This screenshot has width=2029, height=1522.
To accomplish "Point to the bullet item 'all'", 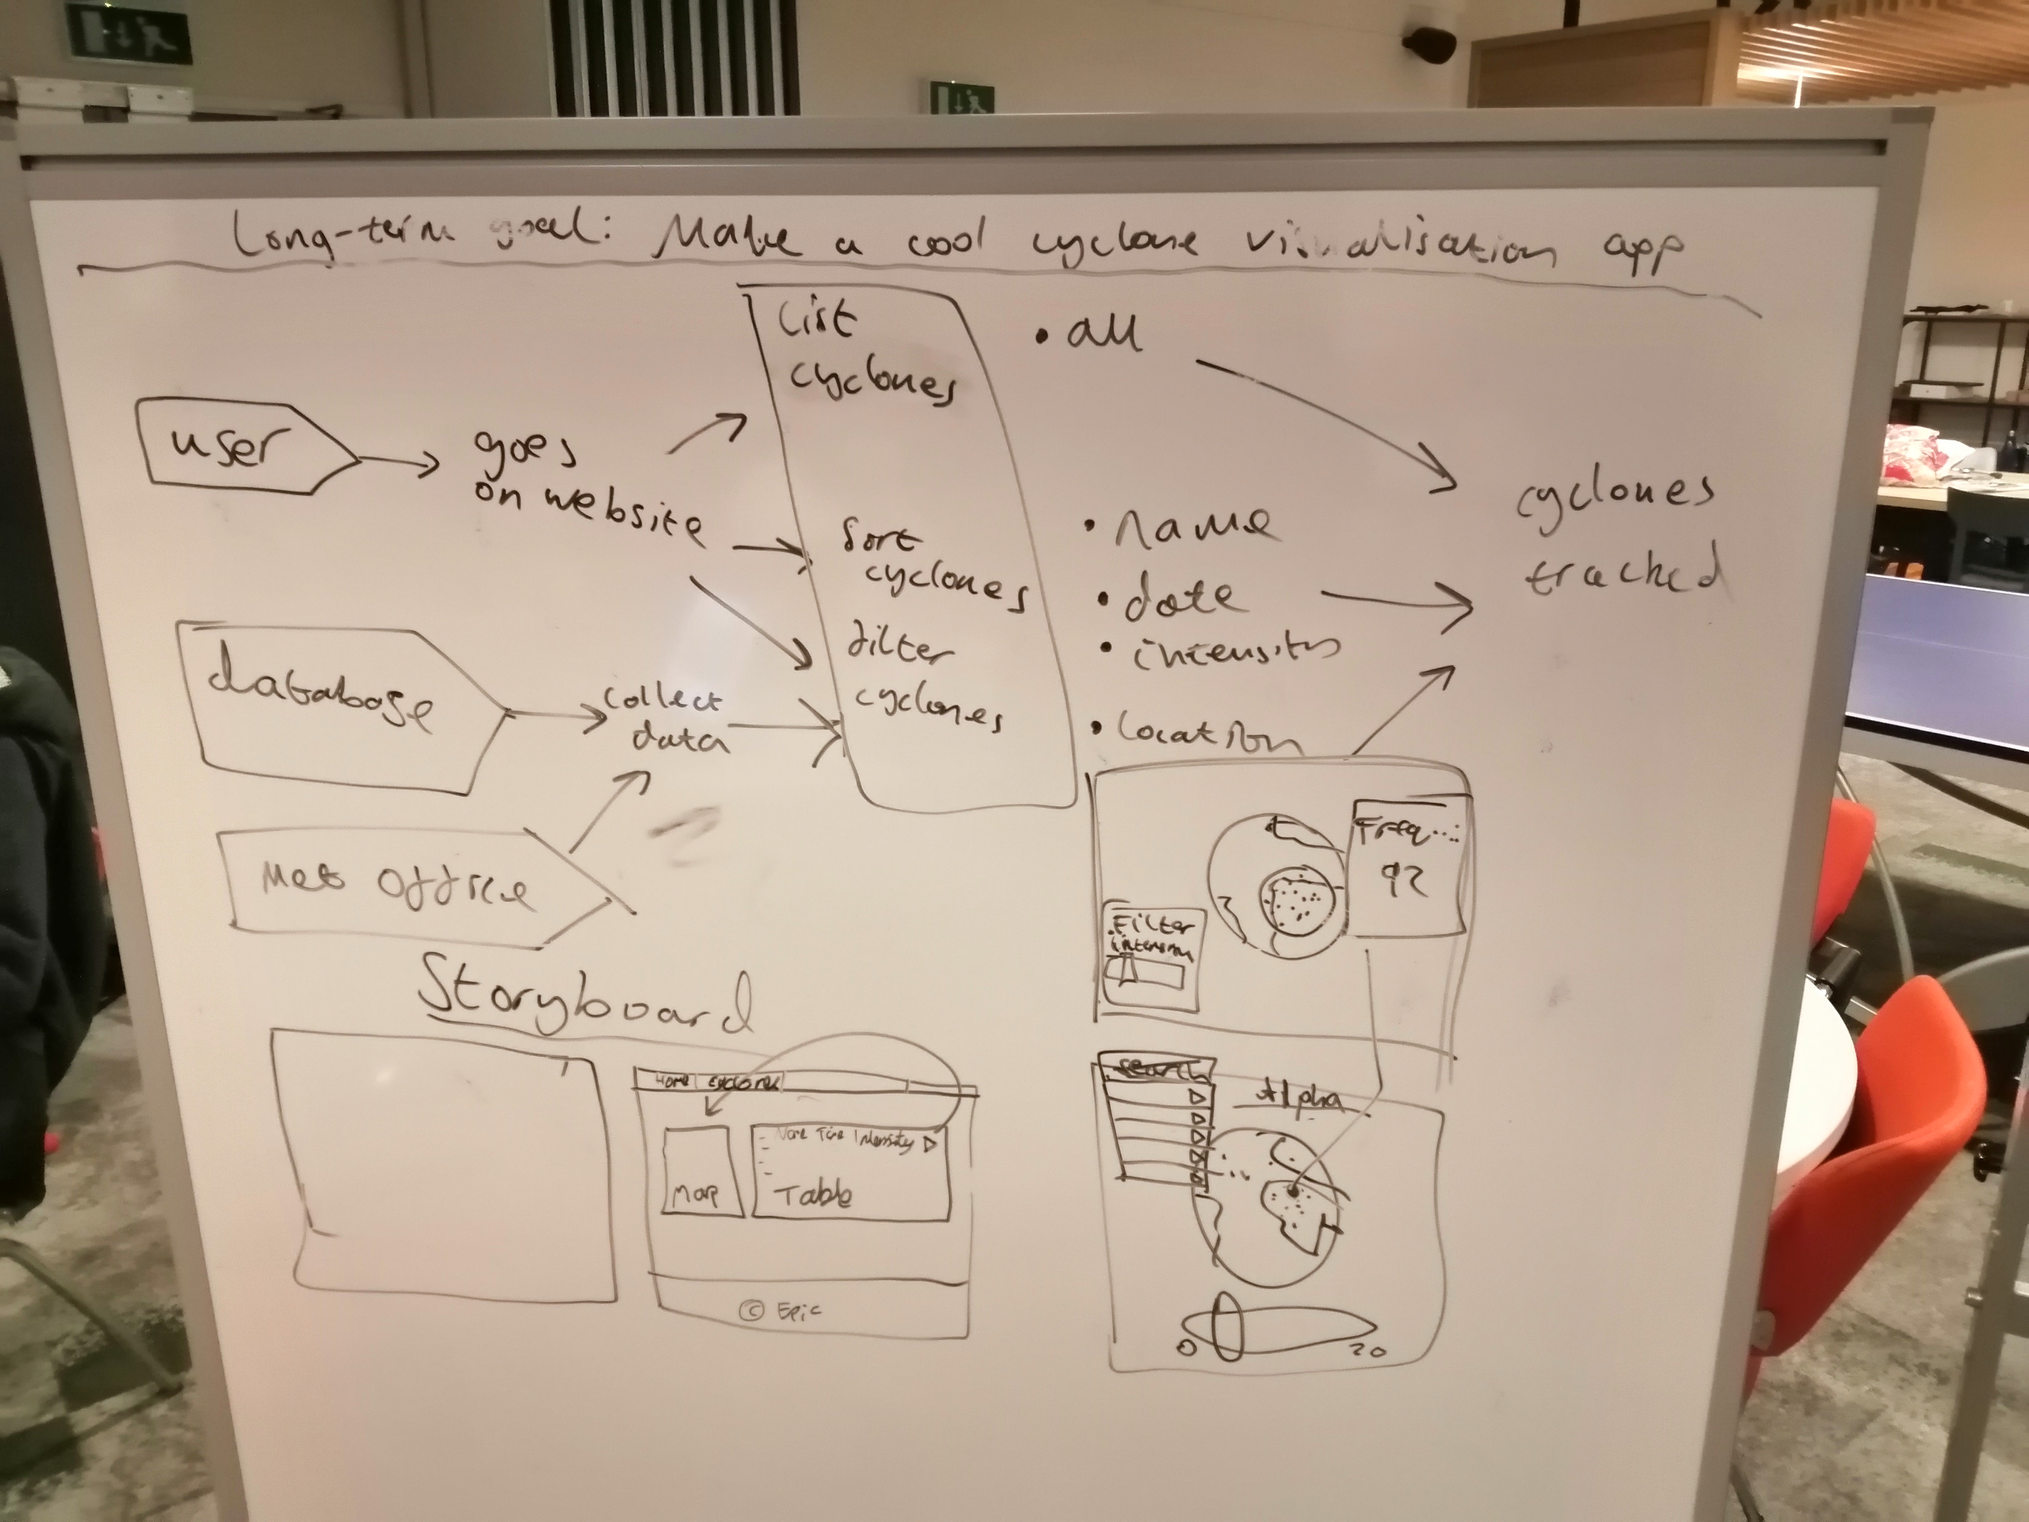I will point(1101,334).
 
